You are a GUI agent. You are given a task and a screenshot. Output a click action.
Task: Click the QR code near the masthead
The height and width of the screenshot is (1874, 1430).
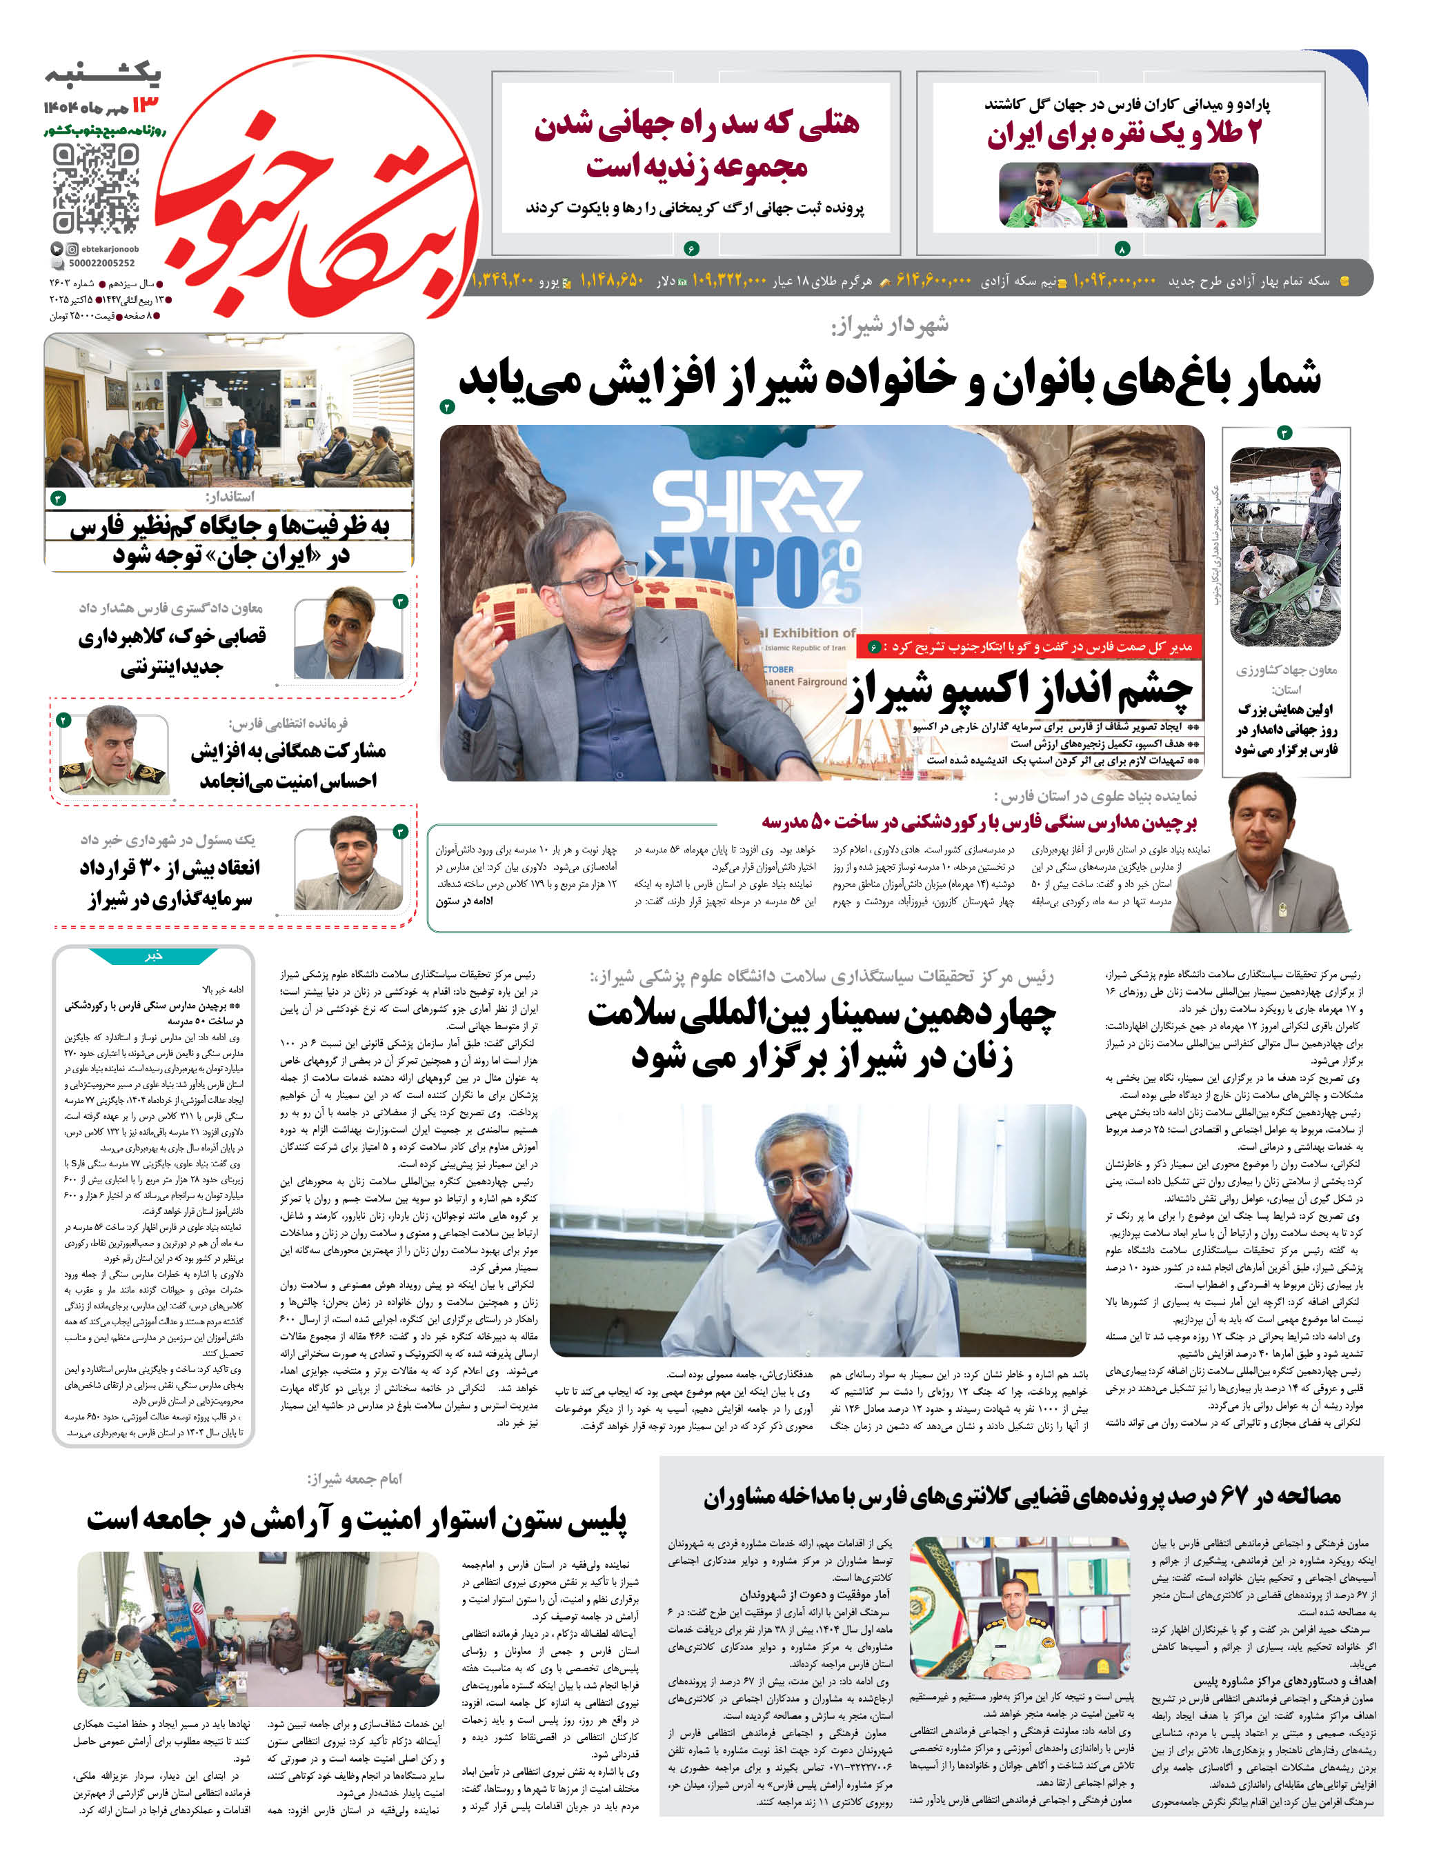pyautogui.click(x=95, y=188)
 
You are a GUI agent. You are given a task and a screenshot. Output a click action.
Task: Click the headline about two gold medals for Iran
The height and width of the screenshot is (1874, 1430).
pyautogui.click(x=1124, y=134)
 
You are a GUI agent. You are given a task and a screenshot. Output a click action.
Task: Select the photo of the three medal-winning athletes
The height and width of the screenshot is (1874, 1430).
pyautogui.click(x=1127, y=196)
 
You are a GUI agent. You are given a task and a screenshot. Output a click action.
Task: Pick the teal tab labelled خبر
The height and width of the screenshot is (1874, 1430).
pyautogui.click(x=154, y=955)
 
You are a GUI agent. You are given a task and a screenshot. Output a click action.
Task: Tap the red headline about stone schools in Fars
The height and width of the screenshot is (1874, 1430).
pyautogui.click(x=979, y=821)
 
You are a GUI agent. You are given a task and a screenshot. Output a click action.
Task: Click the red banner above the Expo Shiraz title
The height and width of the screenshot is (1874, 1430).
pyautogui.click(x=1030, y=647)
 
